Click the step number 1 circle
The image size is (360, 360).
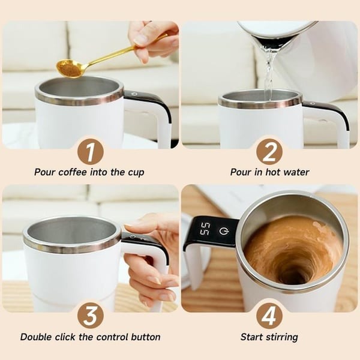tap(90, 151)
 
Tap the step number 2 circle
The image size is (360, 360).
tap(269, 151)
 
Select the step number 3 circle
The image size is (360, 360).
tap(90, 316)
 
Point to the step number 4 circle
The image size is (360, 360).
tap(269, 316)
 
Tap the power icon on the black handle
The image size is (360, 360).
tap(224, 230)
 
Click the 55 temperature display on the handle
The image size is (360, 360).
tap(205, 229)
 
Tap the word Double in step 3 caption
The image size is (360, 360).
tap(37, 337)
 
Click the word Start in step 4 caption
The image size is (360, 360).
tap(253, 337)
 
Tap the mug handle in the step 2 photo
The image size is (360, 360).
tap(336, 120)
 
